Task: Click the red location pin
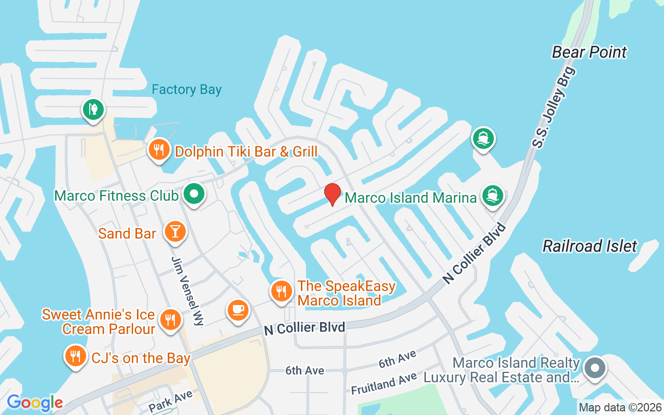click(x=332, y=195)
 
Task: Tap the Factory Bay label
click(x=186, y=90)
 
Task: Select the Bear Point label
click(x=589, y=52)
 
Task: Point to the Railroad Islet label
click(x=589, y=246)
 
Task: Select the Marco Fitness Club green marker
click(x=195, y=195)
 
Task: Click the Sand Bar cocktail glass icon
click(x=175, y=231)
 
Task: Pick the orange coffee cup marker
click(x=238, y=310)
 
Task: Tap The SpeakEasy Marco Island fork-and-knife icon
click(x=281, y=291)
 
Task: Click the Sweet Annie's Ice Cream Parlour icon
click(x=169, y=319)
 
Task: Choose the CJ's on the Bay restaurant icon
click(x=76, y=356)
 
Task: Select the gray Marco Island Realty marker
click(x=594, y=368)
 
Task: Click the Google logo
click(x=35, y=403)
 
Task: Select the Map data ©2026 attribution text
click(x=620, y=408)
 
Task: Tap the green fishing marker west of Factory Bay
click(x=93, y=109)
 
